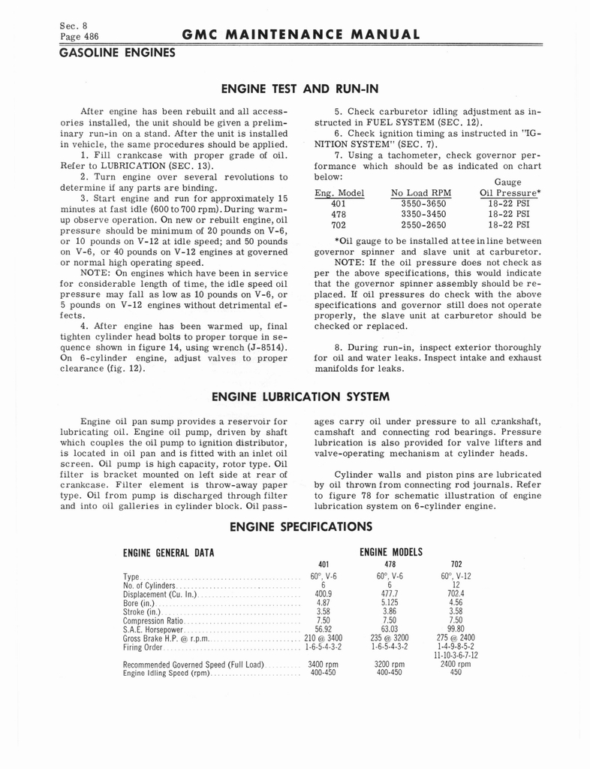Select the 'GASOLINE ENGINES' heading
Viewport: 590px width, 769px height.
[117, 53]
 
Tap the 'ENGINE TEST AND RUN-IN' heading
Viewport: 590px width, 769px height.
[300, 89]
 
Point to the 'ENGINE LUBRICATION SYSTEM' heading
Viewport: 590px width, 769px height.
[300, 396]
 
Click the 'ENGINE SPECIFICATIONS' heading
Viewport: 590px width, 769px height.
[301, 526]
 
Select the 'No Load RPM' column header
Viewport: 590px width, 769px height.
[421, 192]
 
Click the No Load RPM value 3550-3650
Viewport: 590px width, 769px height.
[423, 203]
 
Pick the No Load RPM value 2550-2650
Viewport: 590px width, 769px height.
[423, 224]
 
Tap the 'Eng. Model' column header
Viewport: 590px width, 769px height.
[339, 192]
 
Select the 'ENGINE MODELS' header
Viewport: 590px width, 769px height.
[391, 552]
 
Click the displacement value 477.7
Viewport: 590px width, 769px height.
[390, 593]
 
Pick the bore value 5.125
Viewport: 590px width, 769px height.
[390, 602]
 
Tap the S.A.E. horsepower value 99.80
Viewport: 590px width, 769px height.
[456, 629]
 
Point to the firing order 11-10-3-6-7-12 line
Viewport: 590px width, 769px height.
[456, 656]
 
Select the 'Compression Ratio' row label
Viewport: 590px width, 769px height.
[153, 621]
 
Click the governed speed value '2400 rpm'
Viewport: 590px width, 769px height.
[456, 665]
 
